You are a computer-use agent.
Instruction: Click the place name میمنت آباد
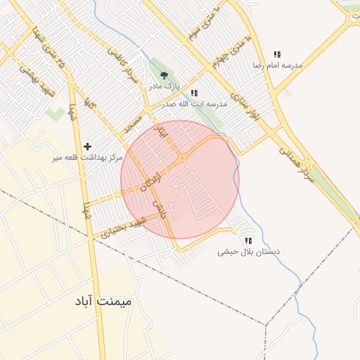click(x=105, y=301)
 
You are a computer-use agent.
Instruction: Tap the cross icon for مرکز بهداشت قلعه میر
click(x=87, y=146)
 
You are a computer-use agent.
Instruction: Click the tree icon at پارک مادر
click(x=164, y=75)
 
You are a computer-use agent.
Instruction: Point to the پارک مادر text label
click(x=164, y=86)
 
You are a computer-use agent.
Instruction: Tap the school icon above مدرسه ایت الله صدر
click(x=194, y=93)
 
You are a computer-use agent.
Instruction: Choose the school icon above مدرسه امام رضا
click(x=277, y=54)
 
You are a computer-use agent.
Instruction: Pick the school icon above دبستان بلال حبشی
click(x=246, y=240)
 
